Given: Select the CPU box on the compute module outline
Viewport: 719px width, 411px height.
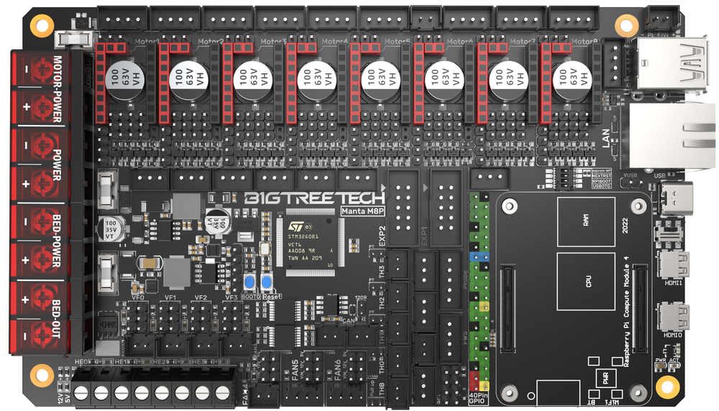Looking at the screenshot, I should (588, 282).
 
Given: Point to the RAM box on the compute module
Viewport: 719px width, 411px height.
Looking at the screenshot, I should (585, 223).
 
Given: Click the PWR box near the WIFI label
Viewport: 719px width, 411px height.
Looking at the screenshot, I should (605, 380).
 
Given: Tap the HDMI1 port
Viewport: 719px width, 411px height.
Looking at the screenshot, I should (673, 263).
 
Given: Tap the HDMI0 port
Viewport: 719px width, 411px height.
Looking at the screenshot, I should (673, 317).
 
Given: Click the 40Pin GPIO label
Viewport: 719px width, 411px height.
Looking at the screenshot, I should (478, 398).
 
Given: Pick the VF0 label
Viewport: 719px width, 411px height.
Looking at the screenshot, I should (139, 297).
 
